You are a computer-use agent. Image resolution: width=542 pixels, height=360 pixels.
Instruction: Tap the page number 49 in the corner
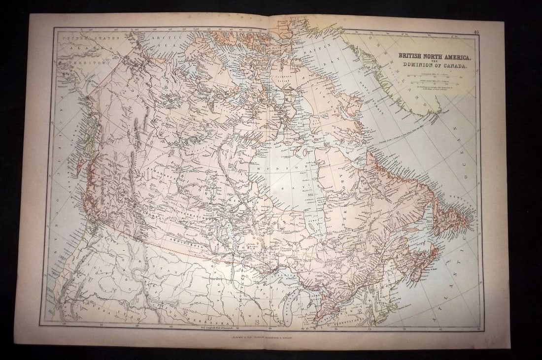point(475,33)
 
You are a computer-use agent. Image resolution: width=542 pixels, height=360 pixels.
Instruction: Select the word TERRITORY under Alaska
point(77,63)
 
